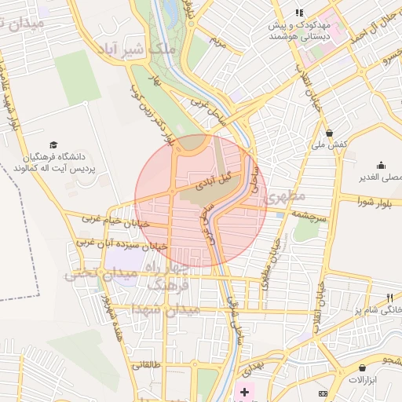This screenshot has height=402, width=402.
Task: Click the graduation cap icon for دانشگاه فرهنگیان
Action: pyautogui.click(x=53, y=144)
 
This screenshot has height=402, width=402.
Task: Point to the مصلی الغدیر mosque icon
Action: pyautogui.click(x=381, y=165)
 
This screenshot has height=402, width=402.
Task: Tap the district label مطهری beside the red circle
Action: pyautogui.click(x=286, y=196)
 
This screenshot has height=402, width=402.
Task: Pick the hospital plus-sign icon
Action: pyautogui.click(x=244, y=390)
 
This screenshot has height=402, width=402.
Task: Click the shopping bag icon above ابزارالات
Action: pyautogui.click(x=362, y=367)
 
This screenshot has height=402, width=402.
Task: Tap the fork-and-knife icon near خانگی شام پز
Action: pyautogui.click(x=390, y=298)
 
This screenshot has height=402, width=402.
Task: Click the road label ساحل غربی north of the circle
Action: pyautogui.click(x=207, y=108)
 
